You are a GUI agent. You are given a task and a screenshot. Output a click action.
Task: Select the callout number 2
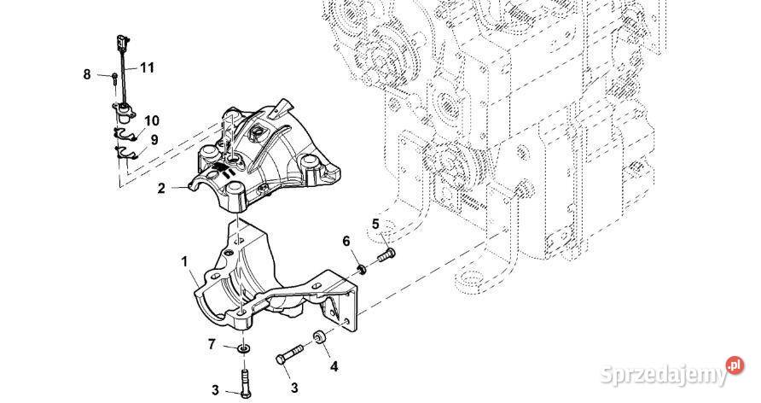[x=160, y=189]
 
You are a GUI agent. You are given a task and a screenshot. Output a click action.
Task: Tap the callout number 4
[x=334, y=367]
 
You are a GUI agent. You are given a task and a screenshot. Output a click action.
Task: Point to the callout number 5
[x=375, y=225]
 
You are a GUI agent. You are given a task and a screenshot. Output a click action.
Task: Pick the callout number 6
[x=347, y=243]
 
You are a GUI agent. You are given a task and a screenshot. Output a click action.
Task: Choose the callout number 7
[x=212, y=345]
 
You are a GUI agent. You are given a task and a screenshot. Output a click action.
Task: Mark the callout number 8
[x=86, y=75]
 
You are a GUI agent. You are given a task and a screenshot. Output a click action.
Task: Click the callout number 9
[x=154, y=139]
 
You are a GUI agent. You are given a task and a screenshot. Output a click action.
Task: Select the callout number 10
[x=151, y=120]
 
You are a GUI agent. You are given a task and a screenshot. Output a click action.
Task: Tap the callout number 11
[x=147, y=67]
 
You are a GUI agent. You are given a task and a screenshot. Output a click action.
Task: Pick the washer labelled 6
[x=363, y=270]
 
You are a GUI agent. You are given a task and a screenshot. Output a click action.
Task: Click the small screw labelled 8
[x=113, y=78]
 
